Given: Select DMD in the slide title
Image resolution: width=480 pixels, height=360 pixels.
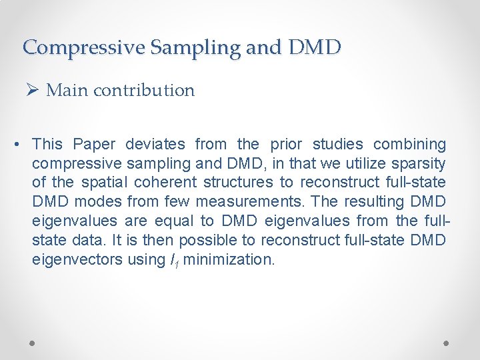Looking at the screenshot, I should [315, 47].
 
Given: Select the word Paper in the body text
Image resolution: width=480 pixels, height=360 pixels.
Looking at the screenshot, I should [94, 144].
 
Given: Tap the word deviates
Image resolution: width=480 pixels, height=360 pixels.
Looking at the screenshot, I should [155, 144].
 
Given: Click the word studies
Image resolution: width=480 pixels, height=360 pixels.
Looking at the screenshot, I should [336, 144].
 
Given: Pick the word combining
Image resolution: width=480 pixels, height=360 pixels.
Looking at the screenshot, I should [409, 144].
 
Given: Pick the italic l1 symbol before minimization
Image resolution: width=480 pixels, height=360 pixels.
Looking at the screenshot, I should [174, 260].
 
